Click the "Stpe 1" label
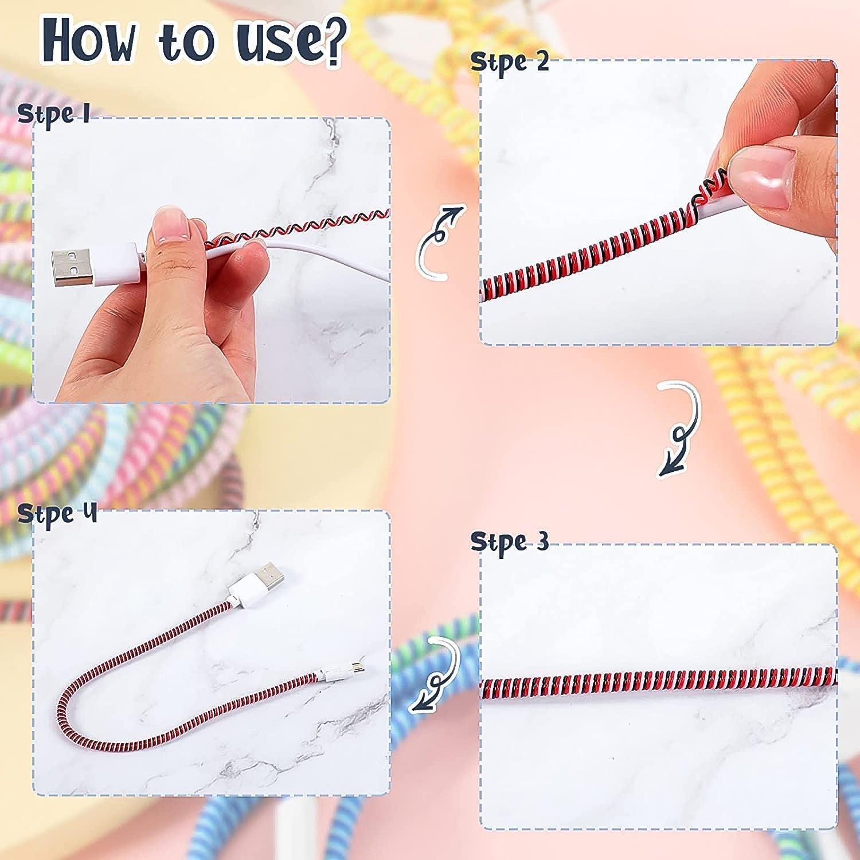coord(53,114)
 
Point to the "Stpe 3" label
coord(509,542)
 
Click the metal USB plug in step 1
coord(72,268)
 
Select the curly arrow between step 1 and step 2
coord(439,243)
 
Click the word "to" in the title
coord(189,42)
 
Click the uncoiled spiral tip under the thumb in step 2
coord(709,185)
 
